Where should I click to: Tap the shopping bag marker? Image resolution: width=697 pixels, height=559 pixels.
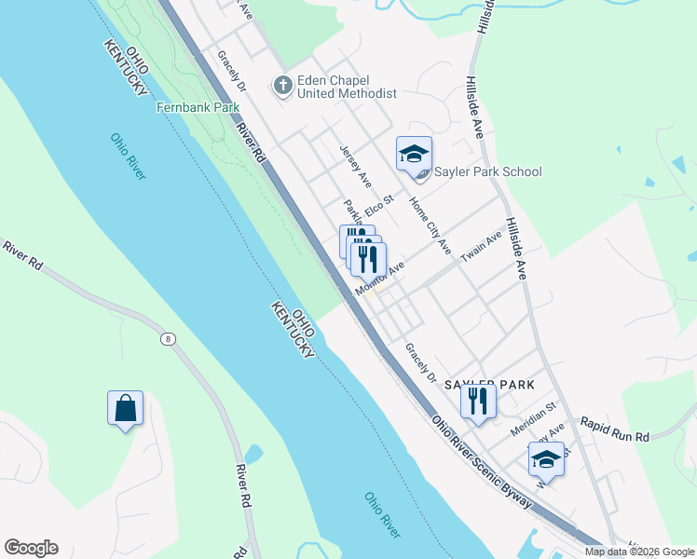point(125,408)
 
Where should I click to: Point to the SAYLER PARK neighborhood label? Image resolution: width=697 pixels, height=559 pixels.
point(488,384)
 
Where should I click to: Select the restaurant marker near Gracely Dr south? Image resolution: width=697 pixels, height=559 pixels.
point(478,401)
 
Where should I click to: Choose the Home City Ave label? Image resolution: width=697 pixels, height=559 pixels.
point(430,226)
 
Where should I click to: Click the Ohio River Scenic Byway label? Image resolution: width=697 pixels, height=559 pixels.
point(482,461)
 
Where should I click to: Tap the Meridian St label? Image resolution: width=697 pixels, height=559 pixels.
point(532,418)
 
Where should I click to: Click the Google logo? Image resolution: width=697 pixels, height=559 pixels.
point(31,548)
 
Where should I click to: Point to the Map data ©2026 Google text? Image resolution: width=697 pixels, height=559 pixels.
point(639,552)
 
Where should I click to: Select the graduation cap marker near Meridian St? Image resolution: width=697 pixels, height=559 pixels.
point(546,460)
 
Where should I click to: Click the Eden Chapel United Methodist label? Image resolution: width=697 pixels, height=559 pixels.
point(348,86)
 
